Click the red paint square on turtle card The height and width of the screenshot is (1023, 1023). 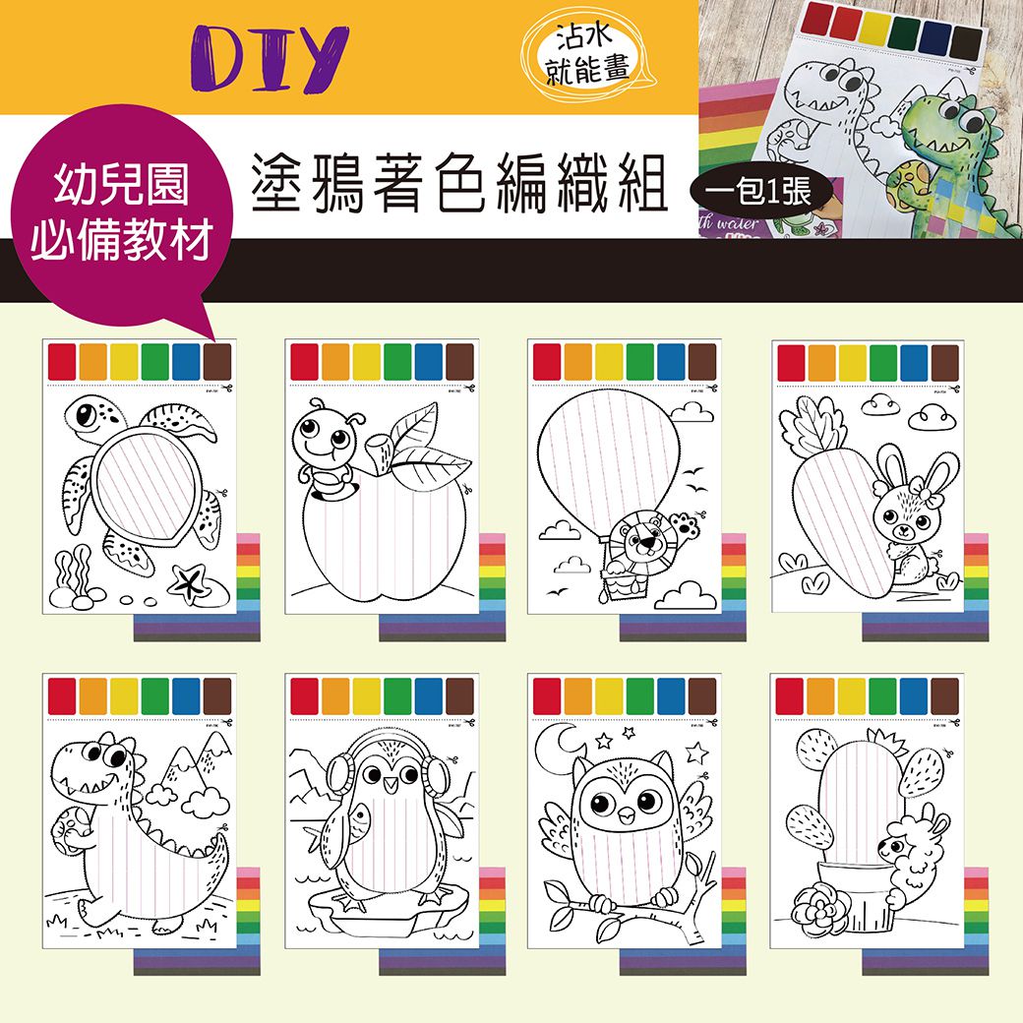[63, 361]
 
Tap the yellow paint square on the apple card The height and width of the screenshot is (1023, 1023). [368, 361]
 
